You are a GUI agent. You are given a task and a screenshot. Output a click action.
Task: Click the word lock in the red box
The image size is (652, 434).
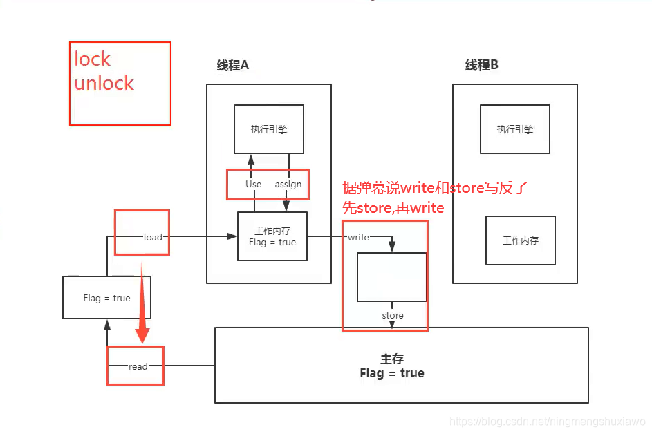coord(93,59)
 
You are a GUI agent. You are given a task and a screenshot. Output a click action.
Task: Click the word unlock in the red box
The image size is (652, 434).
coord(104,83)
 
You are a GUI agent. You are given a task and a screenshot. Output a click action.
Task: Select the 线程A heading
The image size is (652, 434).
coord(232,66)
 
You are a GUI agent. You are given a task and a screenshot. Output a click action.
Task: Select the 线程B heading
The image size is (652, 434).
coord(481,66)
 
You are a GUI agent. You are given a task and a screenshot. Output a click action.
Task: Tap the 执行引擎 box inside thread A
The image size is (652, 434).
coord(268,129)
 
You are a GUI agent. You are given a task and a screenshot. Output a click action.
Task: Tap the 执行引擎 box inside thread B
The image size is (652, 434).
coord(514,129)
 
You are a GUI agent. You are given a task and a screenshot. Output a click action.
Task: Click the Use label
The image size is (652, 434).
coord(253,185)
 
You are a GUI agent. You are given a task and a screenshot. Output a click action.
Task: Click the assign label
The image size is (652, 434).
coord(288,185)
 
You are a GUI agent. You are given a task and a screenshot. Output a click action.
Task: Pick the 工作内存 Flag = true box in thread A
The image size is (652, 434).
coord(272,236)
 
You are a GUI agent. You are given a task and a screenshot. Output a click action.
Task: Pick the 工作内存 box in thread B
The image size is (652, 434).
coord(520,240)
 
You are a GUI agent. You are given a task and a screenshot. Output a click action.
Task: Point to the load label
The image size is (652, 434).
coord(153,237)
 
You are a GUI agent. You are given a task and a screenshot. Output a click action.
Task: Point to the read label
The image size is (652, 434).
coord(138,366)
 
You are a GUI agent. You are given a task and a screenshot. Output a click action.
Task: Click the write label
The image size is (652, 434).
coord(358,237)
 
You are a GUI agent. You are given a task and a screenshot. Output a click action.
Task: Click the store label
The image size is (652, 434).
coord(392,316)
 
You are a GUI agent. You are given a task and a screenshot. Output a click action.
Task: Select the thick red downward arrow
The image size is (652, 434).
coord(142,304)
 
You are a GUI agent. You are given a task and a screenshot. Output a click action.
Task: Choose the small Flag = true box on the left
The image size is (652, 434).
coord(106,298)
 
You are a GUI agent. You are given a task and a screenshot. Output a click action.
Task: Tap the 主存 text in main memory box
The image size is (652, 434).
coord(392,359)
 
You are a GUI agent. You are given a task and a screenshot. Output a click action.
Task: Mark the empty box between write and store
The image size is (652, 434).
coord(391,277)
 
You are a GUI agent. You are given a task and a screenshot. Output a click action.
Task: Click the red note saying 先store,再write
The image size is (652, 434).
coord(393,207)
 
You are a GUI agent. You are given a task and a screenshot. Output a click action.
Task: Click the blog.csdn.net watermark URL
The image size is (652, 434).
coord(547,422)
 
